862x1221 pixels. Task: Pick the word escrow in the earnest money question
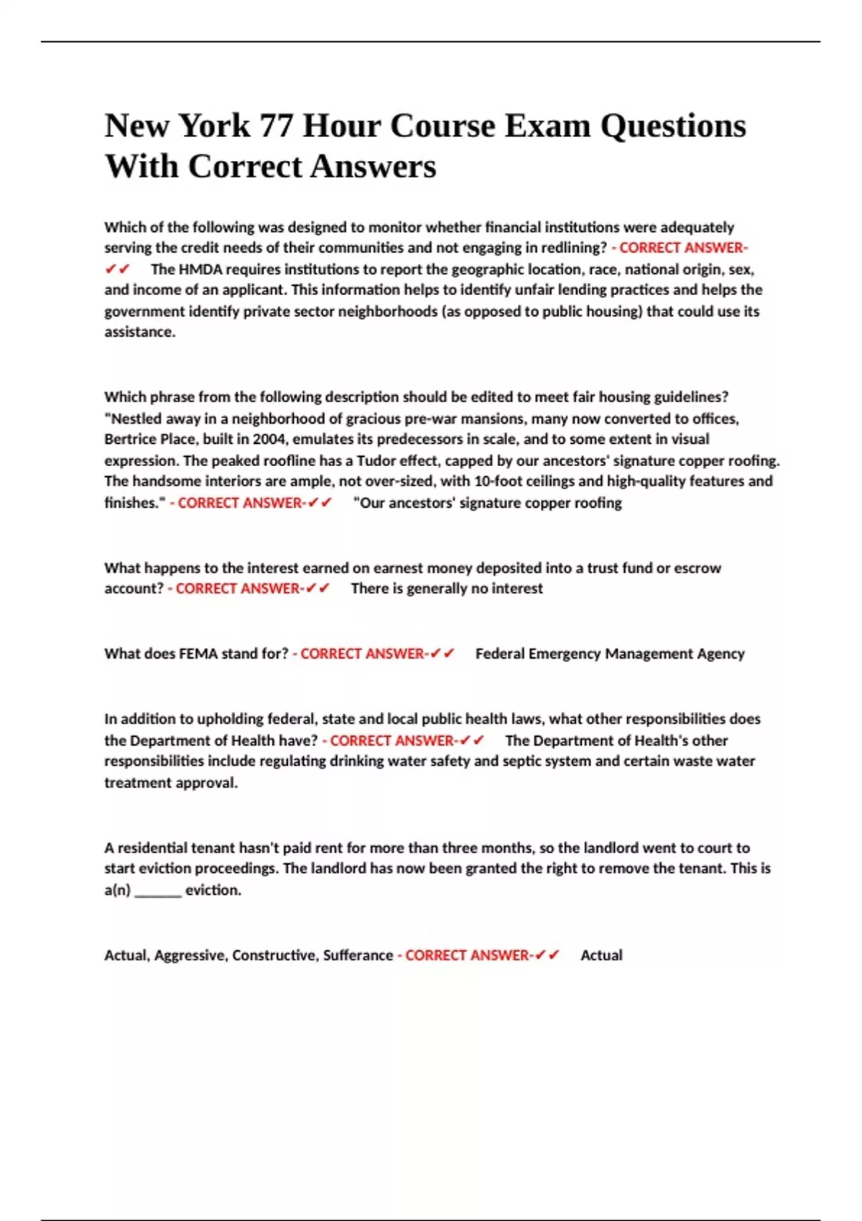[697, 568]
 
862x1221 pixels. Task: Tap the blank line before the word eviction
[158, 891]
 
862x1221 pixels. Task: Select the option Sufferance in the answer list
[357, 956]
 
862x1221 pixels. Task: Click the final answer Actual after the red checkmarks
[601, 956]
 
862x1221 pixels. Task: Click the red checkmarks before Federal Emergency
[442, 654]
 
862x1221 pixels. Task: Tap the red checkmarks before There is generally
[318, 589]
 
